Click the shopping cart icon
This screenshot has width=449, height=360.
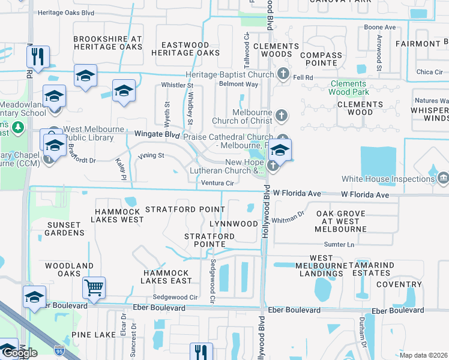click(94, 289)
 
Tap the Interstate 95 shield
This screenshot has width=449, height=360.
click(58, 349)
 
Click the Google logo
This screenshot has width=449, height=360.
click(19, 353)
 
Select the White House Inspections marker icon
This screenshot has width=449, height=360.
click(443, 178)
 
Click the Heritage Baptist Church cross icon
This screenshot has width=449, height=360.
click(283, 75)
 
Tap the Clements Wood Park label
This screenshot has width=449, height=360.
click(348, 88)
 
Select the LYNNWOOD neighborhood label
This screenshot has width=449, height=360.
click(234, 224)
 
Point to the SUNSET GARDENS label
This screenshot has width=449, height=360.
click(64, 228)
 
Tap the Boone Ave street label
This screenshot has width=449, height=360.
click(380, 28)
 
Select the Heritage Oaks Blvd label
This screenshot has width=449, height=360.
click(66, 12)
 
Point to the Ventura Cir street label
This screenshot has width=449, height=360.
click(217, 183)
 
